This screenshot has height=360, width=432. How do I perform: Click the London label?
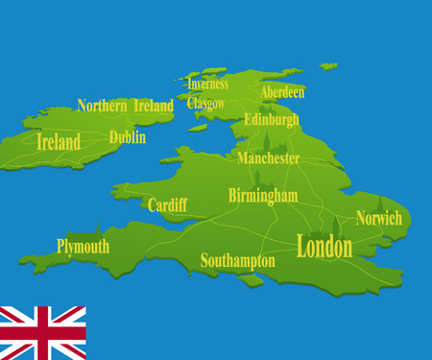coord(324,247)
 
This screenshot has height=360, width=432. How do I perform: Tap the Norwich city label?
coord(378,219)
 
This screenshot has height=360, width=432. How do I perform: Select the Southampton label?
coord(237,260)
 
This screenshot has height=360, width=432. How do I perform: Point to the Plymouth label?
coord(83,247)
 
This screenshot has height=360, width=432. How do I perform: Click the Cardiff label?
coord(167,204)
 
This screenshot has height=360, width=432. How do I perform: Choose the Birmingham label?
coord(262,196)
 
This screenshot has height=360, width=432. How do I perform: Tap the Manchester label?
coord(268,157)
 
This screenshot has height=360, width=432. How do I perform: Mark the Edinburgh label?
coord(272,120)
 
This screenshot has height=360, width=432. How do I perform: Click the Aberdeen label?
coord(282,92)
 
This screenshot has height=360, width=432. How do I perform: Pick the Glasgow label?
coord(206,103)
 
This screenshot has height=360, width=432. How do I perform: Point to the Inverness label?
coord(207,84)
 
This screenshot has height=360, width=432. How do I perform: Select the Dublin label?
coord(128,137)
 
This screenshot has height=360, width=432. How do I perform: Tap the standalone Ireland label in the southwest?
coord(58,142)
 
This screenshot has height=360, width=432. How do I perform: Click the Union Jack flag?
coord(42,332)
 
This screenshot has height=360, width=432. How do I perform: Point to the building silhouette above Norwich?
coord(381,204)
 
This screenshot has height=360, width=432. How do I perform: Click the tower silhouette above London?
coord(336,226)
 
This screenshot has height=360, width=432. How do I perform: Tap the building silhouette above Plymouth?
coord(98,230)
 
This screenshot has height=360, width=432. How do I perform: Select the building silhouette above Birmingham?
coord(257,180)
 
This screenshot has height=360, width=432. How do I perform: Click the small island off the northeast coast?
coord(329,66)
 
